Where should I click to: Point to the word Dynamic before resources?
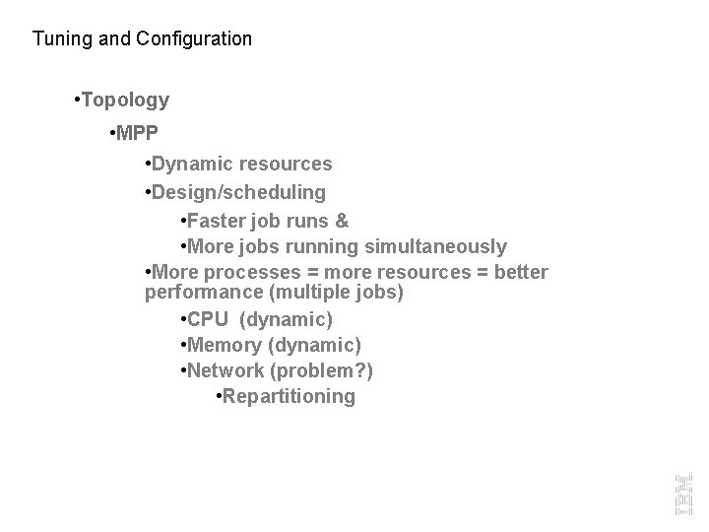click(x=188, y=165)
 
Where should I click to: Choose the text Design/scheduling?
click(x=239, y=190)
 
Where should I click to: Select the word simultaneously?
click(x=436, y=246)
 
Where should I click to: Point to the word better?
click(x=520, y=272)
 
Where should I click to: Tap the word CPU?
click(x=209, y=320)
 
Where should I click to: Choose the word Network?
click(x=226, y=371)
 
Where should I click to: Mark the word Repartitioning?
click(x=289, y=397)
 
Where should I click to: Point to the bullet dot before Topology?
click(x=78, y=100)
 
